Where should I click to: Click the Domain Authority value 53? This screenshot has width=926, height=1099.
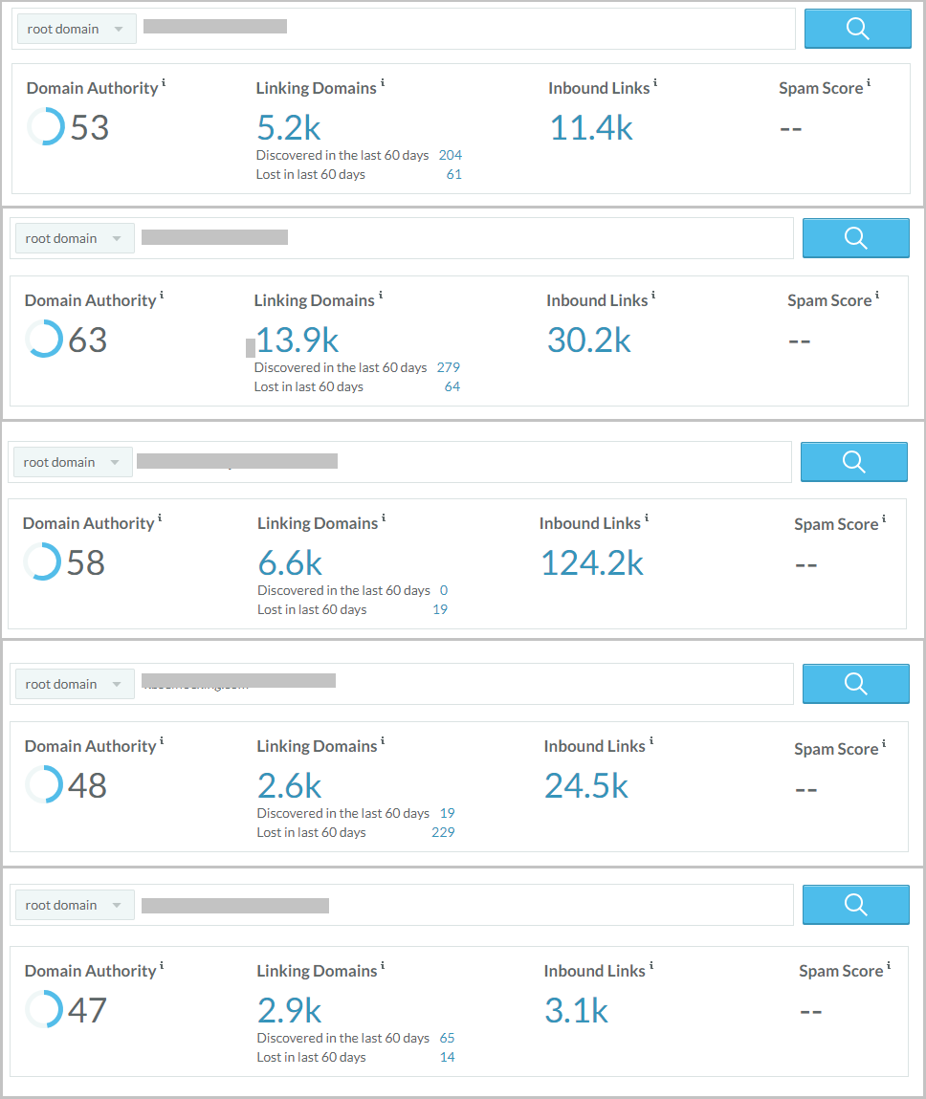click(x=90, y=128)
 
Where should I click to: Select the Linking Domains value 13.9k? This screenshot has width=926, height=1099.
click(x=298, y=341)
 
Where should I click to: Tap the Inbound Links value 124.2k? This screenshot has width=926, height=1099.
click(x=592, y=563)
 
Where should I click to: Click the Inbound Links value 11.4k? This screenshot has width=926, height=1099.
click(x=591, y=128)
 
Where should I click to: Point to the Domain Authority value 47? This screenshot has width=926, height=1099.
click(x=87, y=1011)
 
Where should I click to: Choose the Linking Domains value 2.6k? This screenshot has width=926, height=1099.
click(x=289, y=786)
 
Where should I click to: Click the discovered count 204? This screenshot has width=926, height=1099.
click(x=450, y=155)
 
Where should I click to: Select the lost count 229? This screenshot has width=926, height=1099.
click(x=443, y=832)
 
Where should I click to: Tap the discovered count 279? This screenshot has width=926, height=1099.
click(x=448, y=367)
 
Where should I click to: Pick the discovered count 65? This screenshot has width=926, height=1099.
click(x=447, y=1038)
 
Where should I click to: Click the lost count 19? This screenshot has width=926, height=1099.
click(x=440, y=609)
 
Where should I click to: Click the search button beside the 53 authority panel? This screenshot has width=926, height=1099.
click(x=857, y=29)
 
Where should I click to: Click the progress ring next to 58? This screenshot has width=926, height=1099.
click(x=42, y=561)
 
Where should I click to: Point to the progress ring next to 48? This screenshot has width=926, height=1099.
click(x=44, y=785)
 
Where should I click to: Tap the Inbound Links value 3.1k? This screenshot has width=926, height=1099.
click(x=576, y=1011)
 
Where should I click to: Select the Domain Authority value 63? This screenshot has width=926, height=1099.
click(x=88, y=341)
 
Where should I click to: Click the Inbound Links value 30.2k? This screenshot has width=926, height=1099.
click(x=588, y=341)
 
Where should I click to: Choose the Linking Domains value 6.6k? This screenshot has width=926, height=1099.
click(x=290, y=563)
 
